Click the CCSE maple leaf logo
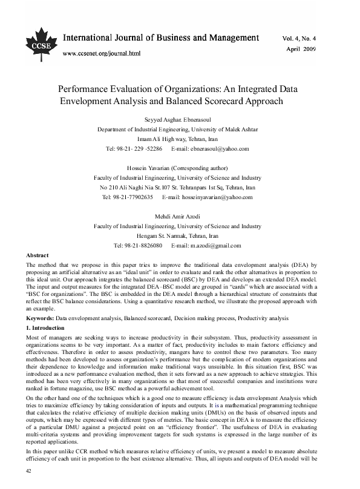pos(37,38)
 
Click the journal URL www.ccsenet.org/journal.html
pos(102,53)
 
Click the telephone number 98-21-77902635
pos(135,197)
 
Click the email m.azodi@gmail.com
pos(206,246)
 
